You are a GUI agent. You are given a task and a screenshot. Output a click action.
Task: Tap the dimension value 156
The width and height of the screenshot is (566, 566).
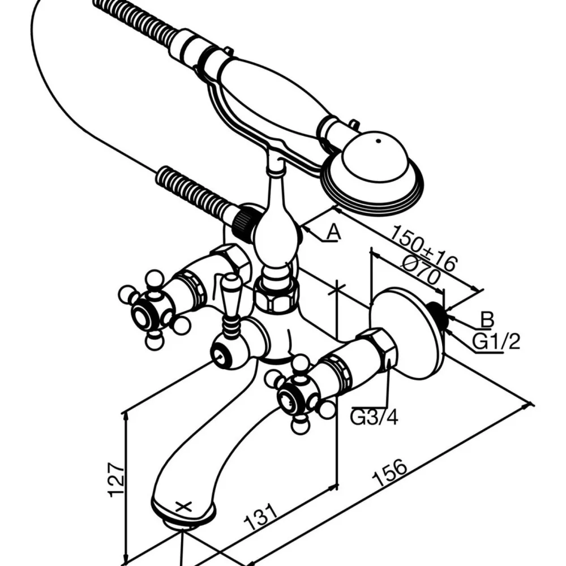point(391,472)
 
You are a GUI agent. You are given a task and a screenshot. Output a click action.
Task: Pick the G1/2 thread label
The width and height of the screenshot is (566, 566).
point(496,341)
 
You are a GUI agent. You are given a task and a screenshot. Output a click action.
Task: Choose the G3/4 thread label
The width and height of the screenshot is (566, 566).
point(374,418)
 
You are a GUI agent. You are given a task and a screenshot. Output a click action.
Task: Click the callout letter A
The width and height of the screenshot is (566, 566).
point(333,232)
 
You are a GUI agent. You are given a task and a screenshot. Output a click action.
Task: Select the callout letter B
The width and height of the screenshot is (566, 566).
point(487,319)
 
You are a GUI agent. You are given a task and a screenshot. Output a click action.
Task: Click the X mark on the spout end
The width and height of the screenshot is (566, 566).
point(184,507)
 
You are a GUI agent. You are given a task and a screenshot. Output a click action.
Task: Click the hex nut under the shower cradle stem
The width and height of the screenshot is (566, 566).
point(276,295)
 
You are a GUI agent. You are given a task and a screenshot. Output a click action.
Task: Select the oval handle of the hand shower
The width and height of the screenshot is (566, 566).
point(275,97)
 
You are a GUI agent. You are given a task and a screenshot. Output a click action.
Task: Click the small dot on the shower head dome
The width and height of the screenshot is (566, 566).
point(378,141)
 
